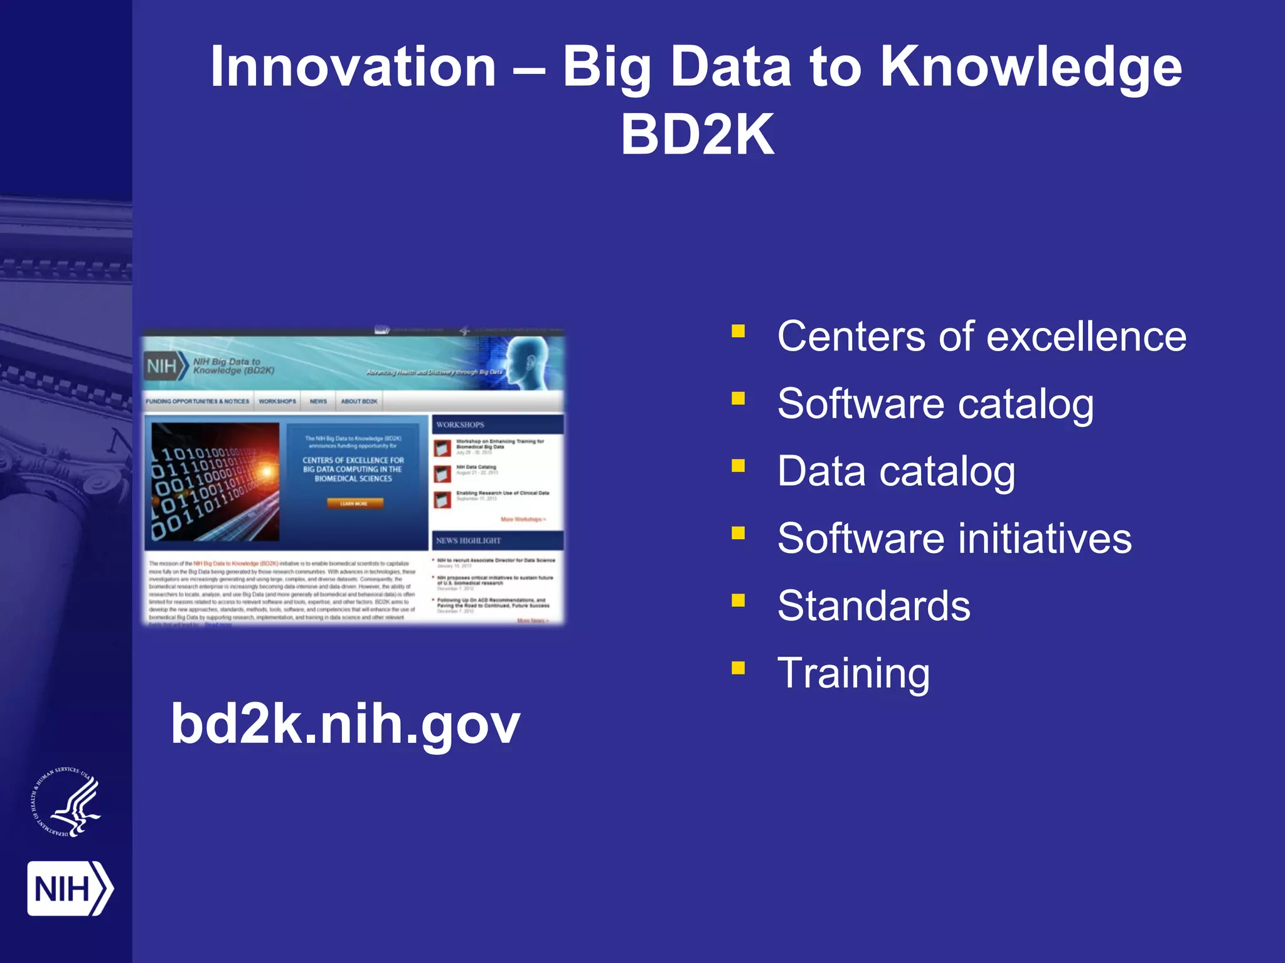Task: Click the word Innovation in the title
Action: [x=353, y=67]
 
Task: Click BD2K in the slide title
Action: [x=697, y=135]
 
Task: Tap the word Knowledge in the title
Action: [x=1030, y=67]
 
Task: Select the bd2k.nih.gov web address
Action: [x=345, y=724]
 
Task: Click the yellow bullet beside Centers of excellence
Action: [x=738, y=331]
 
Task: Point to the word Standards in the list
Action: [x=873, y=606]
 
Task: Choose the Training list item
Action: [x=853, y=673]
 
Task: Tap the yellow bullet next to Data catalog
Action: [x=738, y=465]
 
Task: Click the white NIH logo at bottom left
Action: [x=69, y=888]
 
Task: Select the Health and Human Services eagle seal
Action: [x=67, y=803]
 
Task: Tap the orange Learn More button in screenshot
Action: [x=355, y=503]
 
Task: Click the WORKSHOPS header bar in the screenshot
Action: [x=497, y=424]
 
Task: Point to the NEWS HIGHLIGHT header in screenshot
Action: [x=497, y=540]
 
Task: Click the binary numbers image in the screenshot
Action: [x=215, y=481]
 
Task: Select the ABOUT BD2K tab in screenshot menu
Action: [x=359, y=401]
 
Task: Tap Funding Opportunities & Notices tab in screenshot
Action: [x=198, y=401]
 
